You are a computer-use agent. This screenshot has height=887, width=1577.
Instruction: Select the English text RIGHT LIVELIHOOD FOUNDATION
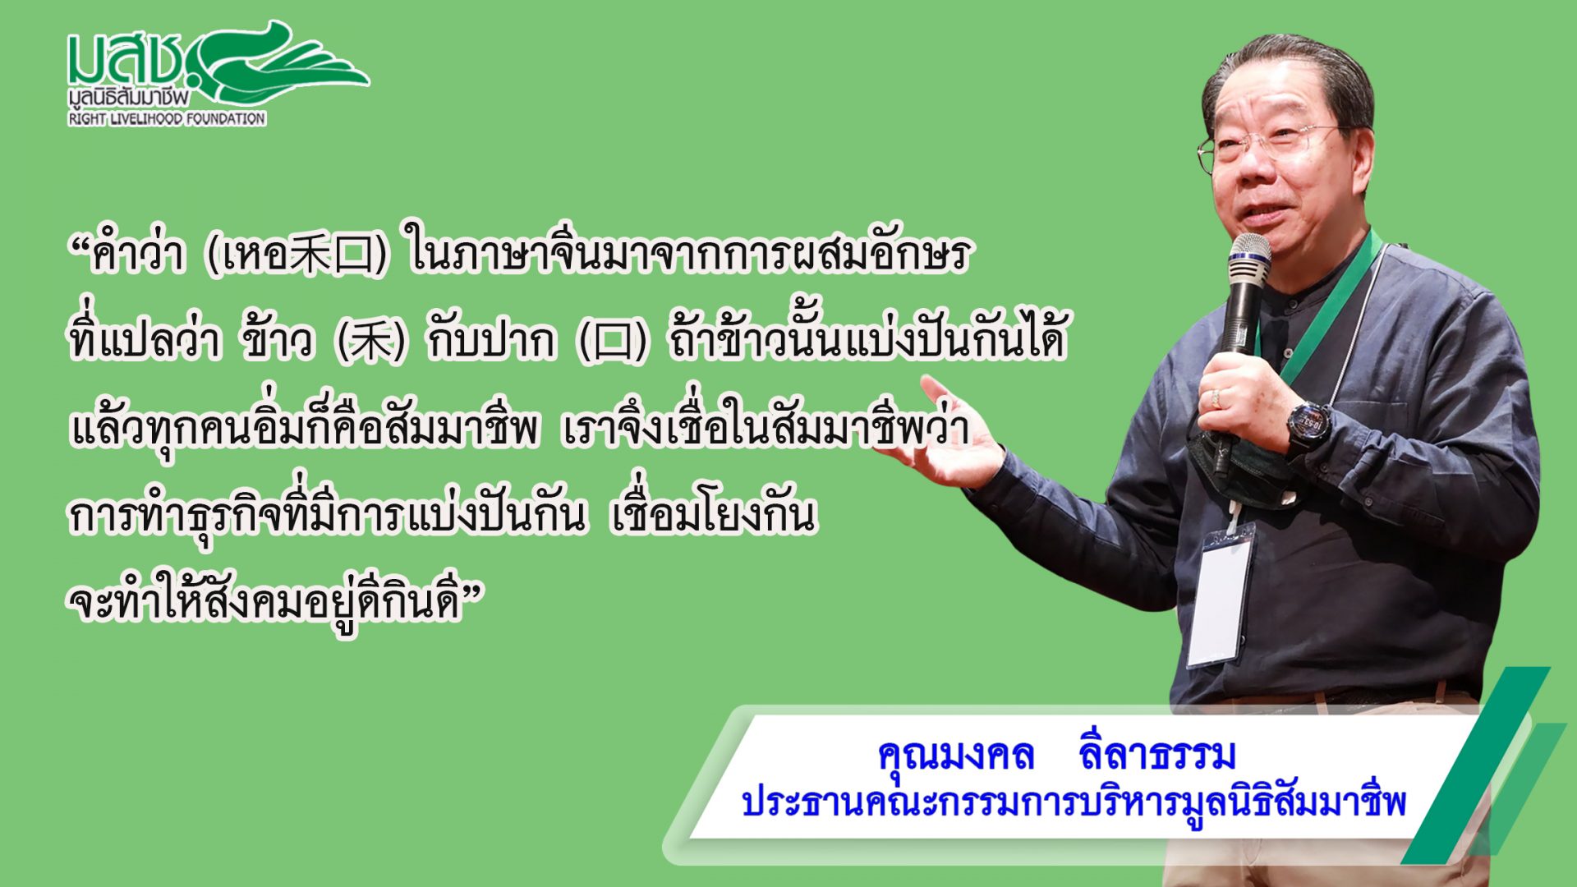pos(167,119)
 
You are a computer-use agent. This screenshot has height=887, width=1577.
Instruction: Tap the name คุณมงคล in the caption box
pos(955,756)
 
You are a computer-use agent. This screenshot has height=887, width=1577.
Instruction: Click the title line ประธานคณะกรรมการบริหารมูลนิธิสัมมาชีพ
pos(1074,802)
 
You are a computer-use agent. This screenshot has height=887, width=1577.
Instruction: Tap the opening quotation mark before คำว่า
pos(80,245)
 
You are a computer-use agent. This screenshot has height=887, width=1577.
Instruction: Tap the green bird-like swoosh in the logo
pos(279,62)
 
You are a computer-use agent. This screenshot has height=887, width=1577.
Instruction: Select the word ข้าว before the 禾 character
pos(278,338)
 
